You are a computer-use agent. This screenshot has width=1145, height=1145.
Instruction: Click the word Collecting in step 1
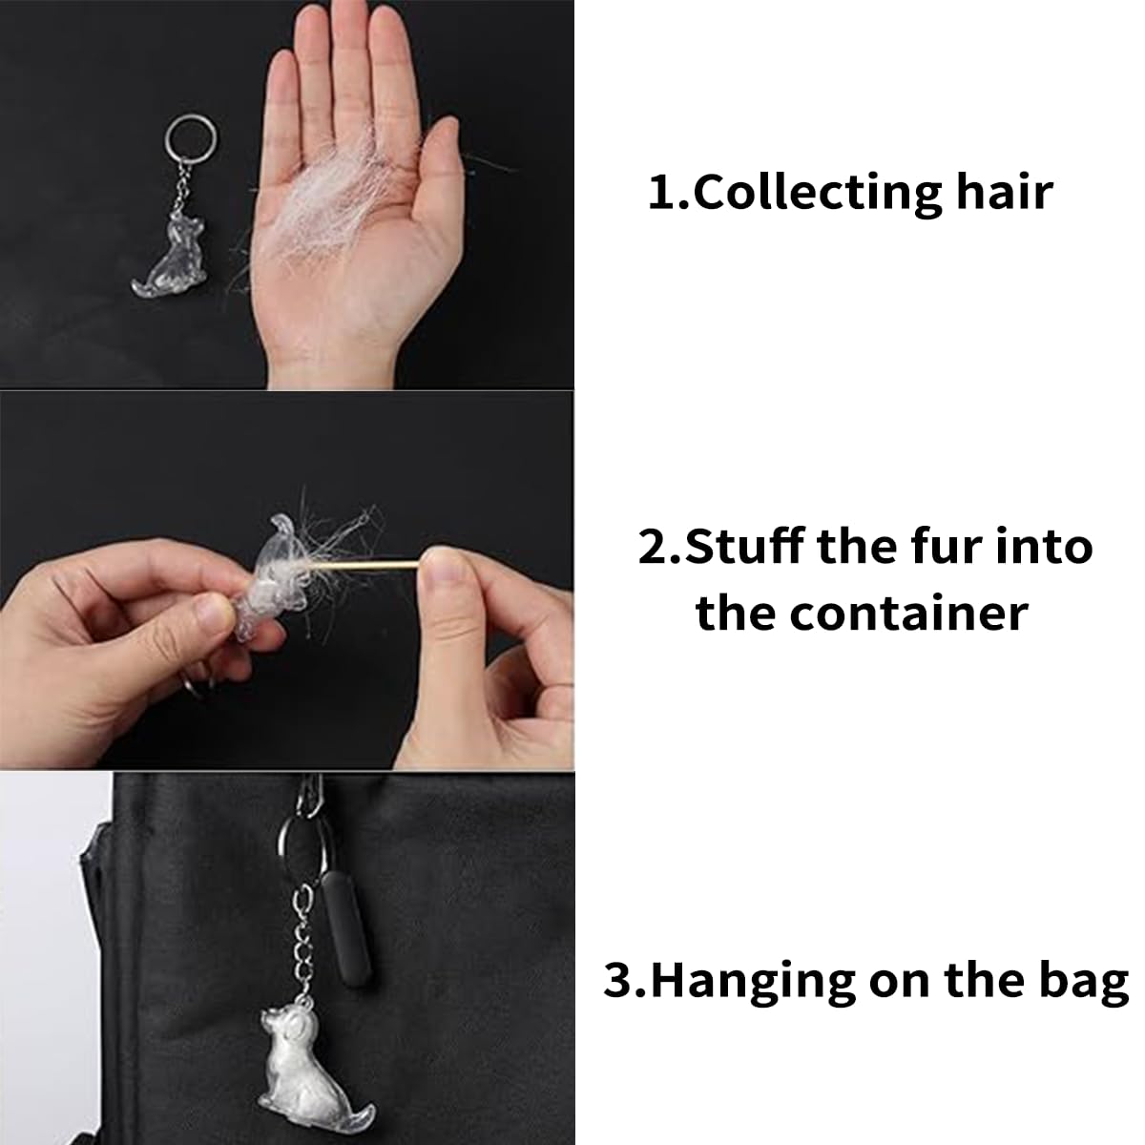[x=818, y=194]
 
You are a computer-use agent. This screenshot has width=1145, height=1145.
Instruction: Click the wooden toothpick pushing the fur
[x=365, y=564]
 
